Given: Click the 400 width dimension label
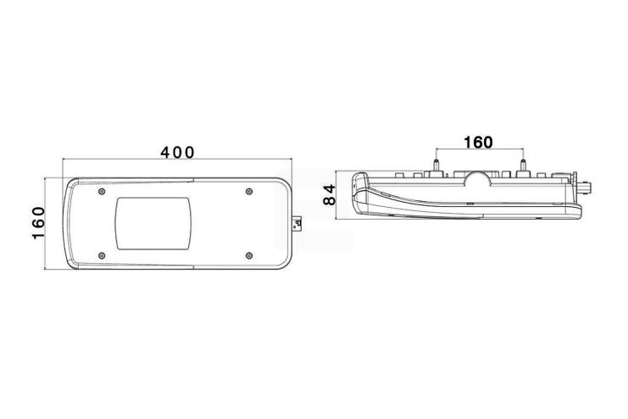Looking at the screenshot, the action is [177, 153].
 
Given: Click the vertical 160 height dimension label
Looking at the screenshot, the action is [38, 223].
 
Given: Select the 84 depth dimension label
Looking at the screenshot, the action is [330, 195].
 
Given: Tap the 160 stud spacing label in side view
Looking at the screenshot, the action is [478, 142].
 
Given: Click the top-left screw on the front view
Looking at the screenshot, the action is [102, 191].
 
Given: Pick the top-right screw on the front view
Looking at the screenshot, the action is [249, 191].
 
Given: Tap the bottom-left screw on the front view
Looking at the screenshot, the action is [102, 255].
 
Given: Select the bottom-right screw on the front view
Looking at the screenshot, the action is [249, 255].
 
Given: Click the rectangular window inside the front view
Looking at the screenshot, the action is [153, 223].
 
